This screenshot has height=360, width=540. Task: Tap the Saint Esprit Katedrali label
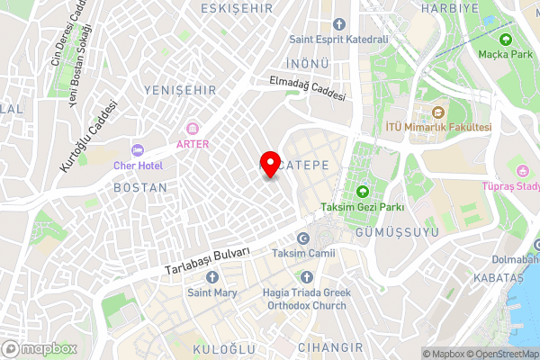[337, 40]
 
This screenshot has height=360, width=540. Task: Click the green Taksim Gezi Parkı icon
[362, 191]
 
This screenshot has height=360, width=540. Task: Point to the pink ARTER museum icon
[192, 129]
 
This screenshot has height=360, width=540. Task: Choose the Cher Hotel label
[138, 166]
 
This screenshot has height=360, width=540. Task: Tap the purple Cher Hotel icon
[138, 149]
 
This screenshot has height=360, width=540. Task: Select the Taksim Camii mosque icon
[303, 238]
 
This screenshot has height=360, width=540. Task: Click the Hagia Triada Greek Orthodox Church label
[304, 299]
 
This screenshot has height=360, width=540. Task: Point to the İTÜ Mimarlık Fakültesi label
[438, 128]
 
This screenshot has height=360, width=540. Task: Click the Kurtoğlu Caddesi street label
[88, 137]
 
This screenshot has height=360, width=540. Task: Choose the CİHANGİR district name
[331, 346]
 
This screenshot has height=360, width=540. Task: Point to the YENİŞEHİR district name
[178, 90]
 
